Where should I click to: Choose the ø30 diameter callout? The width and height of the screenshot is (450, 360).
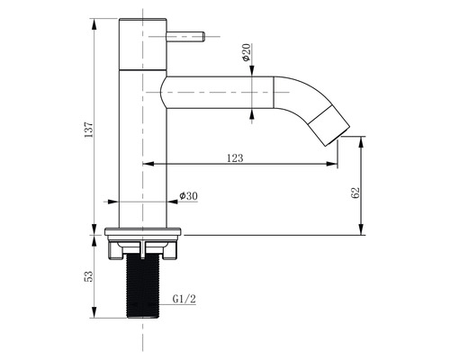(x=188, y=195)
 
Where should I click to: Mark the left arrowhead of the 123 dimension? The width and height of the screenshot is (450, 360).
(x=147, y=164)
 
